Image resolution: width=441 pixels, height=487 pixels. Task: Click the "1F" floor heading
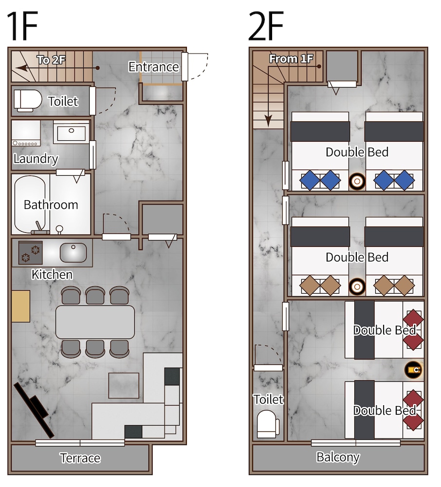tap(22, 26)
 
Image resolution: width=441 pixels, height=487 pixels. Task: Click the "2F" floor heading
tap(266, 26)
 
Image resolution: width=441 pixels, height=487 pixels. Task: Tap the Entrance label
tap(154, 67)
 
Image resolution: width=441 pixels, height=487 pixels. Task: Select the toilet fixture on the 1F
tap(28, 101)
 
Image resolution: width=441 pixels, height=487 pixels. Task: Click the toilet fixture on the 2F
tap(268, 424)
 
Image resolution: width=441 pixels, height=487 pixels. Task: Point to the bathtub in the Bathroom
tap(30, 205)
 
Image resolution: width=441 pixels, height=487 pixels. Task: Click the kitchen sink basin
tap(73, 252)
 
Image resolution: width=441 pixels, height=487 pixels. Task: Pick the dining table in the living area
tap(95, 322)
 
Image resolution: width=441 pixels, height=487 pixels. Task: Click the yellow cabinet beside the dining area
tap(21, 306)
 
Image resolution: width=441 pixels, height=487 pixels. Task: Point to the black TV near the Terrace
tap(34, 410)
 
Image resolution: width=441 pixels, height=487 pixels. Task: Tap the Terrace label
tap(80, 458)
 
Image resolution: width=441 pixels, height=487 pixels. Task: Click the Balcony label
tap(338, 457)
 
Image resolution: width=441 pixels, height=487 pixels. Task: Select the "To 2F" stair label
tap(51, 59)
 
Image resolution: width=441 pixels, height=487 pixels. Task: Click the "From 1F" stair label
tap(291, 58)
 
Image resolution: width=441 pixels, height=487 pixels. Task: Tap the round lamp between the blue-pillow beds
tap(357, 181)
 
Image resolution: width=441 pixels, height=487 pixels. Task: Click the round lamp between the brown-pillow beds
tap(357, 286)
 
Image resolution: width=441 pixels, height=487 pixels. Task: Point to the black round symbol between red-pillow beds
tap(414, 370)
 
